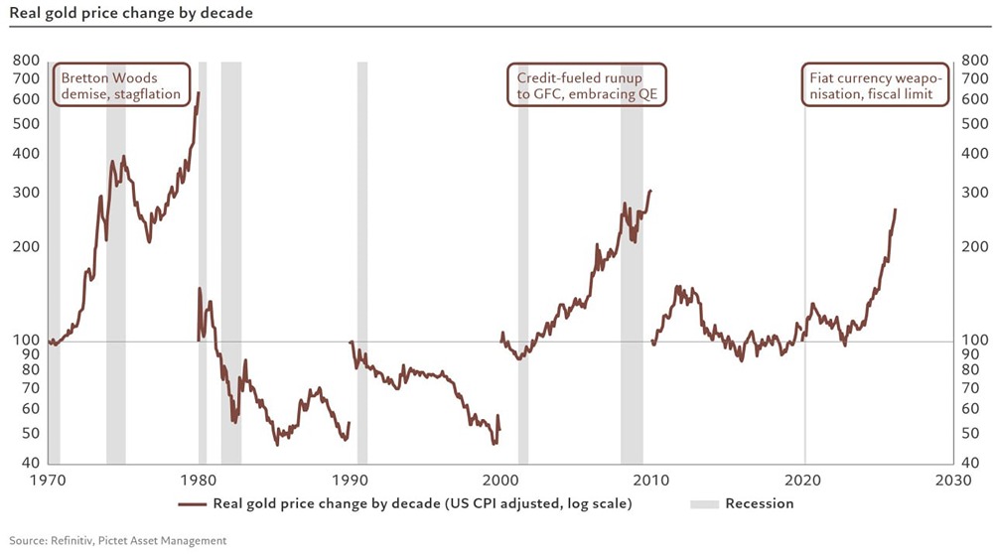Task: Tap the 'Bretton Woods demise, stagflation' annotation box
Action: pos(121,86)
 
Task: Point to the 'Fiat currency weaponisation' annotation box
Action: pos(874,86)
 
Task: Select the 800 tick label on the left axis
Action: pos(27,61)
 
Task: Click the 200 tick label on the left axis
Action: pos(27,247)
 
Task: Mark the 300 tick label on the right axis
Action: pos(974,192)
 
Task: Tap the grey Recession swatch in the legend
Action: pos(703,503)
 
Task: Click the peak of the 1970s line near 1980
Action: pos(199,92)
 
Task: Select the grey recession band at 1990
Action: pos(361,263)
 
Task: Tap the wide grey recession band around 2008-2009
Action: pos(632,263)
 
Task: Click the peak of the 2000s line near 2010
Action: pos(650,191)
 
